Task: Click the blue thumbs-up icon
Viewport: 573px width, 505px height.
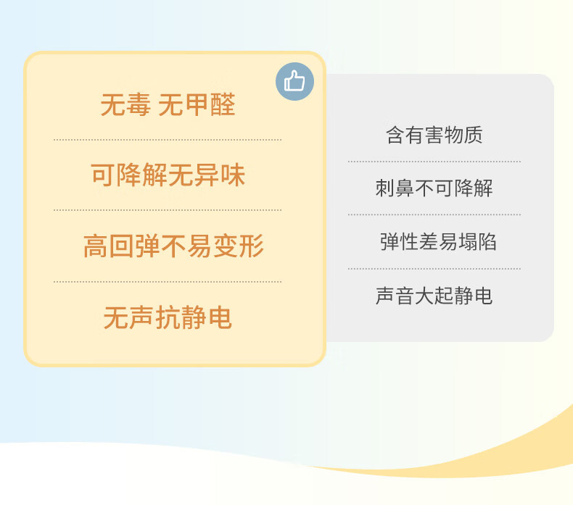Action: [294, 81]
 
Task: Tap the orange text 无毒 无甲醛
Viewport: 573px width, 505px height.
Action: [168, 105]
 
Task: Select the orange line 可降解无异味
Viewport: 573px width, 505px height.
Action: [168, 175]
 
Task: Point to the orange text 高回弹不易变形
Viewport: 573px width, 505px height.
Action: [173, 246]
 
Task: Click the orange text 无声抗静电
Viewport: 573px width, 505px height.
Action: [168, 317]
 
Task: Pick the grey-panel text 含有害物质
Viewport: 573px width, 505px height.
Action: [434, 135]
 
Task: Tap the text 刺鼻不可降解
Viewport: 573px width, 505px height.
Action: [434, 188]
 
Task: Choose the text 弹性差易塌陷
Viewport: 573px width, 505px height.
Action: [438, 242]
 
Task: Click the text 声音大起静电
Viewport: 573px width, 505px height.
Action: [434, 296]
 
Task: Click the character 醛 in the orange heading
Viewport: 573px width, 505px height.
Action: [223, 105]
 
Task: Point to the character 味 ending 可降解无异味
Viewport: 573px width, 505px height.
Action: [233, 175]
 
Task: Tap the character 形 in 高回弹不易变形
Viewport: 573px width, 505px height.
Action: [252, 246]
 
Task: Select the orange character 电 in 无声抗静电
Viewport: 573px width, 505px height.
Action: [220, 317]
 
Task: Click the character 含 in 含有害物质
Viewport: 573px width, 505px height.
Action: [395, 135]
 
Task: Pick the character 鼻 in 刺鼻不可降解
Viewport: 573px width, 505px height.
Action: [405, 188]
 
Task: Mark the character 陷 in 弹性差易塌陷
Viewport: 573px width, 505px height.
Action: [487, 242]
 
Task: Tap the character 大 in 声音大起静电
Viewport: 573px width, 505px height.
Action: [424, 296]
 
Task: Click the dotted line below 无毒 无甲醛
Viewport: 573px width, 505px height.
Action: [168, 140]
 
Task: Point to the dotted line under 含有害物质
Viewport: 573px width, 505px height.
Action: [434, 161]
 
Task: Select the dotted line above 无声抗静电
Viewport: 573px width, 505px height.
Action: [168, 282]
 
